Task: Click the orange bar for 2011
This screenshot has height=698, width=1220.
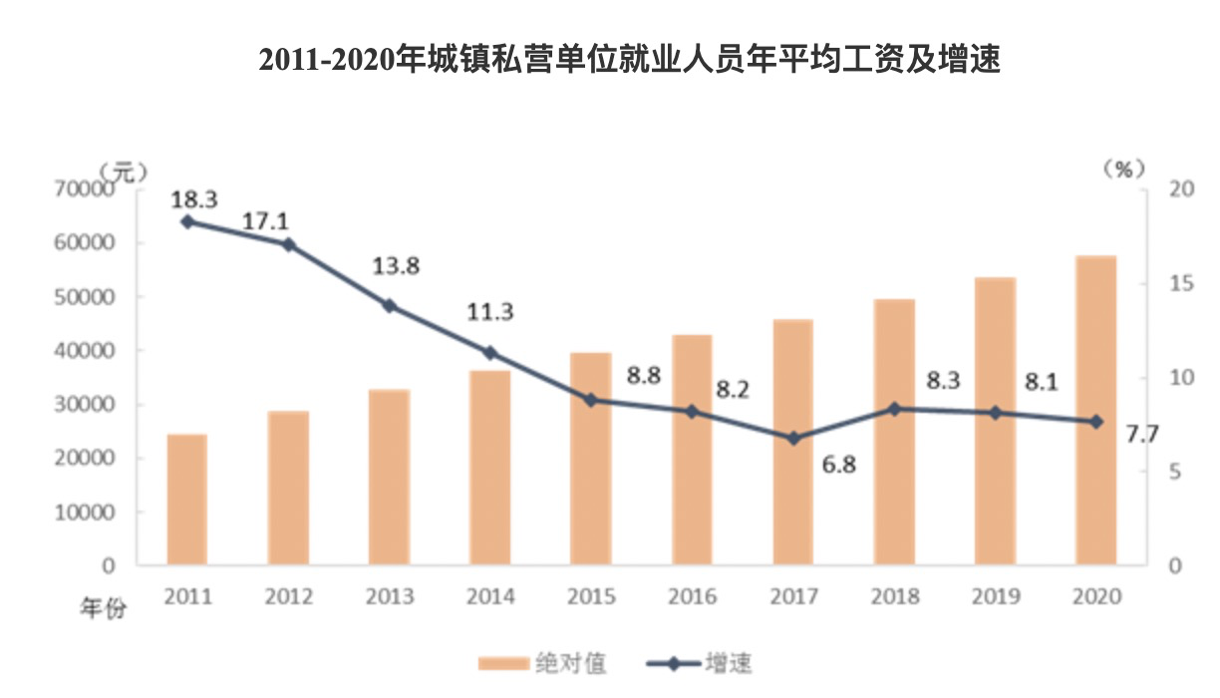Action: (186, 500)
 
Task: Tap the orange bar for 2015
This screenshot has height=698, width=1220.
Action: (590, 459)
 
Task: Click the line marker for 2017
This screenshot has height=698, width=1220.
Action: (793, 438)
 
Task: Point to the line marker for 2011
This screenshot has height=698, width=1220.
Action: (186, 221)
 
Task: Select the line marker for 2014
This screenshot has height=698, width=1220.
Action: (489, 353)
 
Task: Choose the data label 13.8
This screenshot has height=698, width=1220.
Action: (396, 266)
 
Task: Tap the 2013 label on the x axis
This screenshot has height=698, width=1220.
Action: (389, 596)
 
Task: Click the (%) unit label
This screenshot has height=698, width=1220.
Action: (1122, 169)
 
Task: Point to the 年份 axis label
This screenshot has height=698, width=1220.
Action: (104, 608)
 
